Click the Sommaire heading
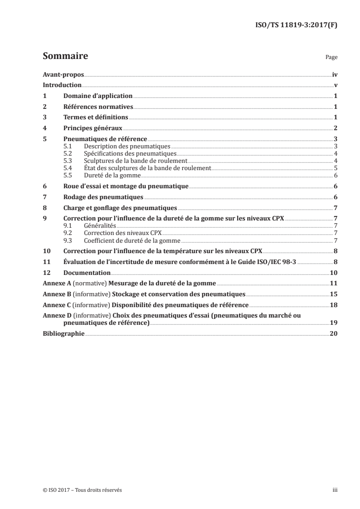coord(65,57)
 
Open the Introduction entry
coord(62,85)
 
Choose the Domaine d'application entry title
coord(98,96)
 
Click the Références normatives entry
coord(98,107)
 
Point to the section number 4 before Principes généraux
coord(44,128)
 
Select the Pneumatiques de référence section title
coord(105,139)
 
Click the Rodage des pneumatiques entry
coord(103,197)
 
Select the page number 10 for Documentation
coord(333,273)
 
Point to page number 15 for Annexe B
coord(333,294)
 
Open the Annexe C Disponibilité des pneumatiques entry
coord(145,304)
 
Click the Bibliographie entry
coord(63,333)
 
